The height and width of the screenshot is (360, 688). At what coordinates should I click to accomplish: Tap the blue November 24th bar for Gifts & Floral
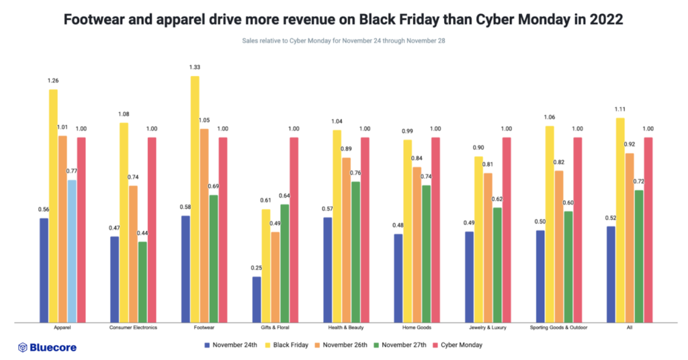[257, 299]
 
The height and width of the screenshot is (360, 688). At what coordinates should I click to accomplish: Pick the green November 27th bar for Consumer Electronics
[142, 281]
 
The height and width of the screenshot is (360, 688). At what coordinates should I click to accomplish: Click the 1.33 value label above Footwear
[195, 68]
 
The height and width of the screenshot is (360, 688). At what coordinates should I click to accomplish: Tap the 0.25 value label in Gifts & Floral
[257, 268]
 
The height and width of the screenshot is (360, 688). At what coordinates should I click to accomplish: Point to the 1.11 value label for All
[620, 109]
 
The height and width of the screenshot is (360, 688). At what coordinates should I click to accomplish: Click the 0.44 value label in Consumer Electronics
[142, 233]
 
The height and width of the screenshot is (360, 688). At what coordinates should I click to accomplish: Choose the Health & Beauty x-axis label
[346, 328]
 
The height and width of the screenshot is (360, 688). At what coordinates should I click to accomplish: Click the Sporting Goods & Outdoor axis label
[558, 328]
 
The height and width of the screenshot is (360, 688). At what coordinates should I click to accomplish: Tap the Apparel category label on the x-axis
[62, 328]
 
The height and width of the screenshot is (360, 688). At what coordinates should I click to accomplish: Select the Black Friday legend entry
[287, 345]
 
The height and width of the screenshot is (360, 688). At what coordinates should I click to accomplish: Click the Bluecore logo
[47, 347]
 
